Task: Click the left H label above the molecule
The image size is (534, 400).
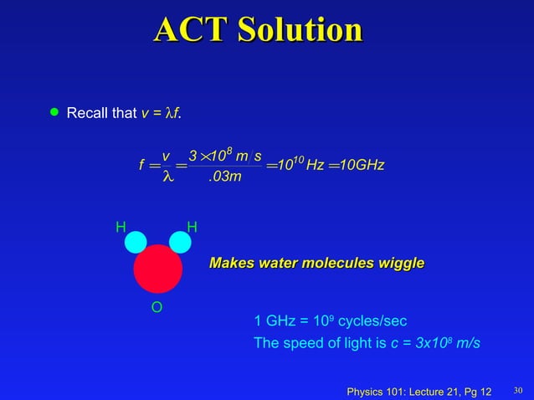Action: [x=121, y=227]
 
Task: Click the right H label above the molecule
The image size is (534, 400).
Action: [x=192, y=227]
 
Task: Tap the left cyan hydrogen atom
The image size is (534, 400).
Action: [x=136, y=242]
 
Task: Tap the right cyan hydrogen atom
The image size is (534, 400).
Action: [x=180, y=242]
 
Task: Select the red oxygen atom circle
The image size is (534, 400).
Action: [x=157, y=269]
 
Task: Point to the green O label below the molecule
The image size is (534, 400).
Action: [x=156, y=309]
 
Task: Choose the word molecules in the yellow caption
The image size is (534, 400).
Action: [x=329, y=264]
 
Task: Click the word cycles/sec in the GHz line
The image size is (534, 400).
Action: [x=374, y=321]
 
